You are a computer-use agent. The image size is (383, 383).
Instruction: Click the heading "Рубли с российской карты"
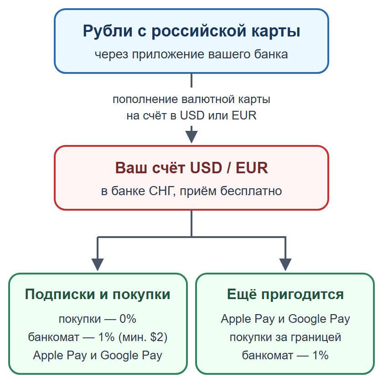pyautogui.click(x=191, y=31)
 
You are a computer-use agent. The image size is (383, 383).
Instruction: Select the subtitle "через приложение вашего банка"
pyautogui.click(x=191, y=54)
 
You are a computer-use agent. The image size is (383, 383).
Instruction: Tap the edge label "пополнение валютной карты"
pyautogui.click(x=191, y=99)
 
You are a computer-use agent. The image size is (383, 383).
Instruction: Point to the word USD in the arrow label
pyautogui.click(x=192, y=115)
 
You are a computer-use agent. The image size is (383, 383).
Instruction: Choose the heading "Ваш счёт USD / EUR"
pyautogui.click(x=191, y=168)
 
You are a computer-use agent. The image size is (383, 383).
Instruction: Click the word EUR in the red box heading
pyautogui.click(x=252, y=168)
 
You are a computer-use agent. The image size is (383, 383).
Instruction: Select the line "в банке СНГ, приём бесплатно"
pyautogui.click(x=191, y=191)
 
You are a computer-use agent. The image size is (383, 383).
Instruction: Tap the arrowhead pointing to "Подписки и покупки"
pyautogui.click(x=98, y=264)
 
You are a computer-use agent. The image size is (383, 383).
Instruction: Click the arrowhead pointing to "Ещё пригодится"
pyautogui.click(x=285, y=264)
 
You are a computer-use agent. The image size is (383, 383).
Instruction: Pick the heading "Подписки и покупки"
pyautogui.click(x=98, y=294)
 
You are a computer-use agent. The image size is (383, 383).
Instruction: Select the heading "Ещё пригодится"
pyautogui.click(x=285, y=294)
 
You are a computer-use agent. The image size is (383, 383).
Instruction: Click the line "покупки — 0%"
pyautogui.click(x=98, y=319)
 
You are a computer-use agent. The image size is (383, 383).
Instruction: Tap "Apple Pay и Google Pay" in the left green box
pyautogui.click(x=98, y=355)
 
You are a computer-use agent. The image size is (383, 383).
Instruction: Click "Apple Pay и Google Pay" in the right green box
pyautogui.click(x=285, y=319)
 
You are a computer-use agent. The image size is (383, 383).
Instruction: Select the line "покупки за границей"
pyautogui.click(x=285, y=337)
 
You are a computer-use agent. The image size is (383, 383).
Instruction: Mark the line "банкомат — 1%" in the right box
pyautogui.click(x=285, y=355)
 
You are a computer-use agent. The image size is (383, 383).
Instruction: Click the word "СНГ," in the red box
pyautogui.click(x=162, y=191)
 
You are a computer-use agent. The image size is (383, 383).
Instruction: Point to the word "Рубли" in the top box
pyautogui.click(x=108, y=31)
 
